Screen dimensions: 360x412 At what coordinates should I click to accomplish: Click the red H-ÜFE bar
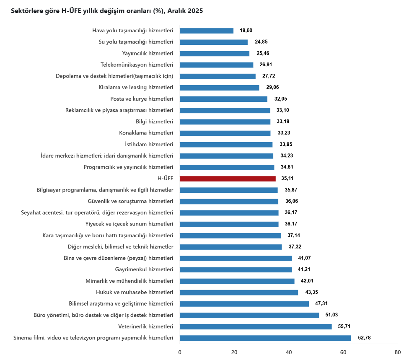point(228,179)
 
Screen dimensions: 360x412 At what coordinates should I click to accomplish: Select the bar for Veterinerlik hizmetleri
point(256,326)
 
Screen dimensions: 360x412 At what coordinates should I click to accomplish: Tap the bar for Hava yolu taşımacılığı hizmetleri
point(207,31)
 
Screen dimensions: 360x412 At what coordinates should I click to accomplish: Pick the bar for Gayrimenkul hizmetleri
point(236,269)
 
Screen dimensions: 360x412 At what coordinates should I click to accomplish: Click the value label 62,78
point(364,338)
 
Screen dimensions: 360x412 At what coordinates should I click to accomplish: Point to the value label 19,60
point(246,31)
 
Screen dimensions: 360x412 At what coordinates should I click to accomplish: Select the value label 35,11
point(288,179)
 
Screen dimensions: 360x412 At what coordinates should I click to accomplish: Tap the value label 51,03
point(332,315)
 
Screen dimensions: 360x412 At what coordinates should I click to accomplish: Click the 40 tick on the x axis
point(289,352)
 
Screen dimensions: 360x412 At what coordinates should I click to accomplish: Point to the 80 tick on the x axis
point(398,352)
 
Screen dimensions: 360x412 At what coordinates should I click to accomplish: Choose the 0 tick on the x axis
point(180,352)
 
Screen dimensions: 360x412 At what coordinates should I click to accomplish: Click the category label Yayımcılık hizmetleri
point(148,53)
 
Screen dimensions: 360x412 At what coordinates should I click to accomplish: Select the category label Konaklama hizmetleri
point(146,133)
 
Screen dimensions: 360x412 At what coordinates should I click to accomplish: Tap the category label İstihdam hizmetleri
point(149,144)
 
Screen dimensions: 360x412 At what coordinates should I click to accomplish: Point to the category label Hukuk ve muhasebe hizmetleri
point(135,292)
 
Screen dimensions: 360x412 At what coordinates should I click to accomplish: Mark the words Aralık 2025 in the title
point(185,11)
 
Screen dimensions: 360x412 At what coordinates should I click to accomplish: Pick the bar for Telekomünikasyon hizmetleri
point(217,65)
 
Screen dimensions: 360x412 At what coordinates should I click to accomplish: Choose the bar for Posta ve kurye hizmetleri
point(223,99)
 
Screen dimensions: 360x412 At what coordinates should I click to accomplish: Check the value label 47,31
point(321,304)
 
